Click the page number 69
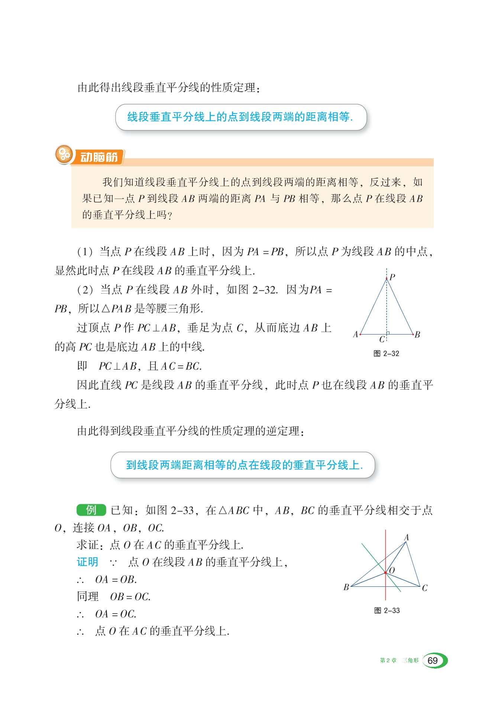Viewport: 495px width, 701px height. click(433, 661)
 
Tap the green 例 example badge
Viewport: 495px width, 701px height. click(91, 510)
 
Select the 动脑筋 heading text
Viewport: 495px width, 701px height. click(99, 157)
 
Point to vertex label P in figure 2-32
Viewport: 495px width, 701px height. click(392, 277)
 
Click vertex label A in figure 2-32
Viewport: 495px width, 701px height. click(356, 335)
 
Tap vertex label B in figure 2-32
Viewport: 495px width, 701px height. click(417, 335)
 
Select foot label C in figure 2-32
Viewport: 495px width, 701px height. click(382, 339)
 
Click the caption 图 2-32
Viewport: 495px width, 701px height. click(386, 353)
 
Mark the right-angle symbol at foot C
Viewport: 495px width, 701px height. click(388, 333)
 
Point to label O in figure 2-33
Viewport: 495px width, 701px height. click(392, 570)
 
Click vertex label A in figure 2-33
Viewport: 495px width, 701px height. click(407, 537)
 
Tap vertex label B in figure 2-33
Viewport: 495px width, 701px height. click(346, 587)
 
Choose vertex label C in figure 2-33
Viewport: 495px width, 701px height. click(425, 588)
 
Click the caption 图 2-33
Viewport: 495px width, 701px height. click(387, 611)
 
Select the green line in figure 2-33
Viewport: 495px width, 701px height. click(372, 554)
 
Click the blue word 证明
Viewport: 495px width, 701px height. click(87, 562)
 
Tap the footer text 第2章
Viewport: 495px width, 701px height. click(388, 660)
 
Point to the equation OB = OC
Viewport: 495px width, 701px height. click(130, 597)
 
